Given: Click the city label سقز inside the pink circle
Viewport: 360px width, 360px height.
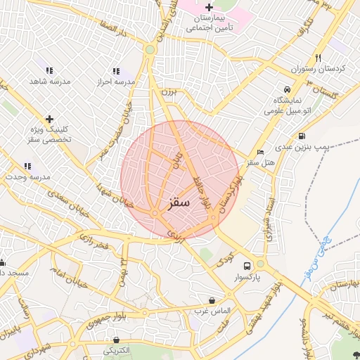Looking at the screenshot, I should (x=179, y=202).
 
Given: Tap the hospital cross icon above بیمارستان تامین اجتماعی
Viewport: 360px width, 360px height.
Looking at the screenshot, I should (x=209, y=7).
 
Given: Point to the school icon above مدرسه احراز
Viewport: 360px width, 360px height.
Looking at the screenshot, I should (x=115, y=71).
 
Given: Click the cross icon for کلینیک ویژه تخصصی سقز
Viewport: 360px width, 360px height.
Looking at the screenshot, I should (x=49, y=119).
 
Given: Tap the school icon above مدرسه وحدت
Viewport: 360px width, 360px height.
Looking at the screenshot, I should (x=27, y=166).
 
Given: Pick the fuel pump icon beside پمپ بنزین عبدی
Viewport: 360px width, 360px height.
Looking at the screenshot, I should (x=302, y=136).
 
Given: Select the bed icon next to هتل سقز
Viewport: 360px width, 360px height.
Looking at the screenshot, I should (x=261, y=153).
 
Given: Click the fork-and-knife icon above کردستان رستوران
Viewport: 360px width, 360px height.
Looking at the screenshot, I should (x=318, y=58).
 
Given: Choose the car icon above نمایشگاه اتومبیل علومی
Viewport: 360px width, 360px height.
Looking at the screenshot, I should (x=287, y=90).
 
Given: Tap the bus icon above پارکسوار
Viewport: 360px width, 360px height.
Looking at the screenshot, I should (x=247, y=266).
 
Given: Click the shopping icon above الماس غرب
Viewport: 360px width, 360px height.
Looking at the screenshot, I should (x=212, y=300).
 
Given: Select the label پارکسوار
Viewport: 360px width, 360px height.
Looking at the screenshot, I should (x=247, y=278).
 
